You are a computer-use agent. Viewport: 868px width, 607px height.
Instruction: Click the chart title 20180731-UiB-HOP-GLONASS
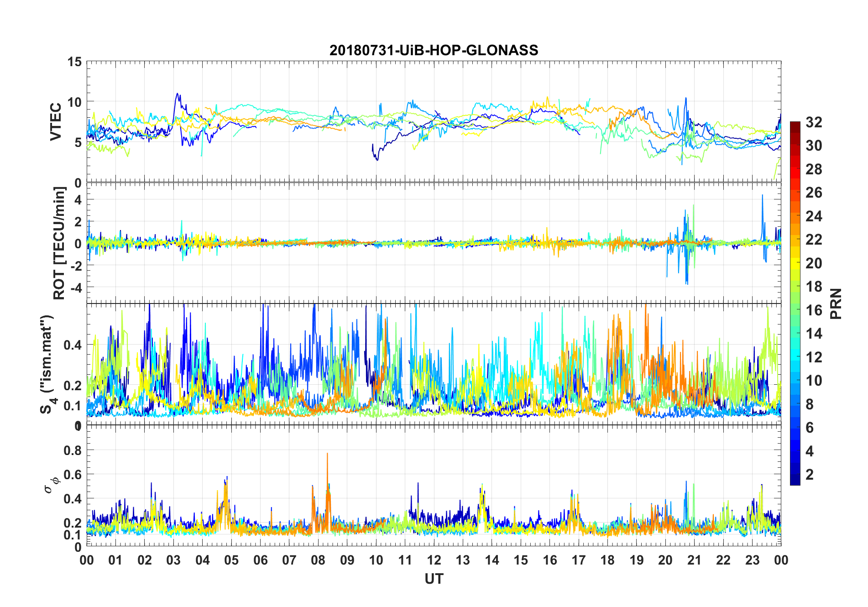(434, 50)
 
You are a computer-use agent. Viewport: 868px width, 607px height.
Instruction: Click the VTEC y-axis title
(56, 122)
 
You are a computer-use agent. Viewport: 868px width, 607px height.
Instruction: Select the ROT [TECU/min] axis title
(59, 243)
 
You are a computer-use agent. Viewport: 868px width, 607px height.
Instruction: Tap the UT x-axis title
(434, 579)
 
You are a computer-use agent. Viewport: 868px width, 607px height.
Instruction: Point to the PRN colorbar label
(836, 303)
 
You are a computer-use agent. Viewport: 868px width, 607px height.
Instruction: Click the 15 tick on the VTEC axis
(74, 62)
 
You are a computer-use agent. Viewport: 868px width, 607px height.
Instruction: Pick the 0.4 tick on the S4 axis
(73, 345)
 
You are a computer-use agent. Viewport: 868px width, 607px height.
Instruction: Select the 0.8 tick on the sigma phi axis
(73, 450)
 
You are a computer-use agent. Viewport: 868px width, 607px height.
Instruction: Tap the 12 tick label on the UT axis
(434, 560)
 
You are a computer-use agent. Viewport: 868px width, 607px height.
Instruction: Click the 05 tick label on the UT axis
(231, 560)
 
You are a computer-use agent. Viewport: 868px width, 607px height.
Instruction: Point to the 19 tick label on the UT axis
(637, 560)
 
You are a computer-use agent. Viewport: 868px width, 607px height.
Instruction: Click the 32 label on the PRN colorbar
(814, 122)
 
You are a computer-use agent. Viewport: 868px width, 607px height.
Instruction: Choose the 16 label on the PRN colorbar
(814, 310)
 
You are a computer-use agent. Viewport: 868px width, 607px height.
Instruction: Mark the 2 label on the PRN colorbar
(810, 475)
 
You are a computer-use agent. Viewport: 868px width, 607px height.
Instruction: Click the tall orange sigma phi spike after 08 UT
(327, 454)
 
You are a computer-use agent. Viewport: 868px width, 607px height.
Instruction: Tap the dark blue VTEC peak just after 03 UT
(178, 94)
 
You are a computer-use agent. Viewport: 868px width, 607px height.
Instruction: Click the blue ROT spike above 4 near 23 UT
(762, 196)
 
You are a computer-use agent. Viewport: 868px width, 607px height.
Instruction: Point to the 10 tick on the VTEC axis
(74, 102)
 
